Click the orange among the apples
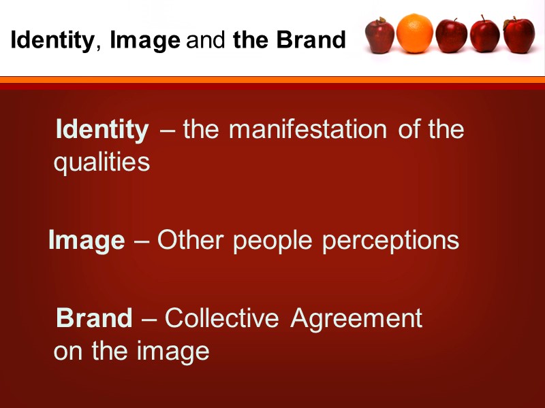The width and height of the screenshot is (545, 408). [x=415, y=34]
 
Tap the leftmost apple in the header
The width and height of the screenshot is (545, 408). [x=379, y=35]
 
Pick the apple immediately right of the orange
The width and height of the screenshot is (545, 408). [x=451, y=35]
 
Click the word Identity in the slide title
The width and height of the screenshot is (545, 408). [x=52, y=41]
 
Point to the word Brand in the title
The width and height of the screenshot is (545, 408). [x=311, y=41]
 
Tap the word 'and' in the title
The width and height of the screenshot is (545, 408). [x=206, y=41]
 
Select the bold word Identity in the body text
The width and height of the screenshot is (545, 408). [x=102, y=129]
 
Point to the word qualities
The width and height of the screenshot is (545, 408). [x=102, y=163]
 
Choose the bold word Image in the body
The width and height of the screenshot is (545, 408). [x=87, y=240]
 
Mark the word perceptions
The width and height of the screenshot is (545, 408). [x=390, y=241]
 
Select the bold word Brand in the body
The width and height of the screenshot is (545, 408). [x=94, y=318]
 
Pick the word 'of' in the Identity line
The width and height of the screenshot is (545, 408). [x=409, y=129]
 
